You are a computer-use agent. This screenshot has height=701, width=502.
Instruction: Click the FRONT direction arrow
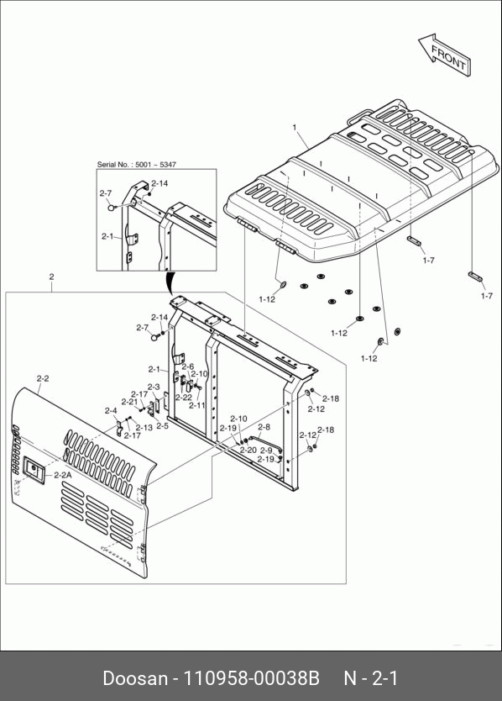pos(445,54)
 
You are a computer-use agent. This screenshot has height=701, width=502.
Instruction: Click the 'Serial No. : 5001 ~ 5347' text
pos(137,165)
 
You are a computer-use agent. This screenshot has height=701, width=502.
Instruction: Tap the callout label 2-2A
pos(62,475)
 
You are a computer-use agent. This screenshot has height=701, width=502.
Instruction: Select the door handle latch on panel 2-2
pos(33,469)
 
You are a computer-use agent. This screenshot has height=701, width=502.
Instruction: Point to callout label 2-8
pos(264,427)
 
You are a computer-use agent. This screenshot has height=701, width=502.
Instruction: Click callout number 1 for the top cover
pos(295,128)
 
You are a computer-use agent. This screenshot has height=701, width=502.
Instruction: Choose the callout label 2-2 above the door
pos(43,379)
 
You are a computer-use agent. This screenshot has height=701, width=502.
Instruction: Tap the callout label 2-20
pos(248,451)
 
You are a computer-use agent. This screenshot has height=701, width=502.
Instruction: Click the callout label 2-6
pos(187,367)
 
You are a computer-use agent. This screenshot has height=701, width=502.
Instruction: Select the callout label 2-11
pos(197,405)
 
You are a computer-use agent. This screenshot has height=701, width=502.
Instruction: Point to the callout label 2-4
pos(111,410)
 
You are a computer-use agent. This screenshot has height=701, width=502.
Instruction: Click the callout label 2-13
pos(144,427)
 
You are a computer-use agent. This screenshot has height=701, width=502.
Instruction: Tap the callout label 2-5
pos(163,426)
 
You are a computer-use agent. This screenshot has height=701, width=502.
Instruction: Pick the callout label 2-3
pos(154,387)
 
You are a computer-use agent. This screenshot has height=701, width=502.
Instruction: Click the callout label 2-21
pos(129,402)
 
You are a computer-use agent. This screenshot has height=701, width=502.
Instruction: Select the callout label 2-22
pos(184,398)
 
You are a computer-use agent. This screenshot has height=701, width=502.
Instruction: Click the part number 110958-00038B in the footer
pos(253,677)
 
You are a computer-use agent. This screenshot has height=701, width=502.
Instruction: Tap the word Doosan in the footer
pos(135,677)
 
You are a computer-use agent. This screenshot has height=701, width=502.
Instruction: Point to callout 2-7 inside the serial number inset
pos(106,193)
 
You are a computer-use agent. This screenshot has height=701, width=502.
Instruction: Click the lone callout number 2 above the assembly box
pos(51,277)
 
